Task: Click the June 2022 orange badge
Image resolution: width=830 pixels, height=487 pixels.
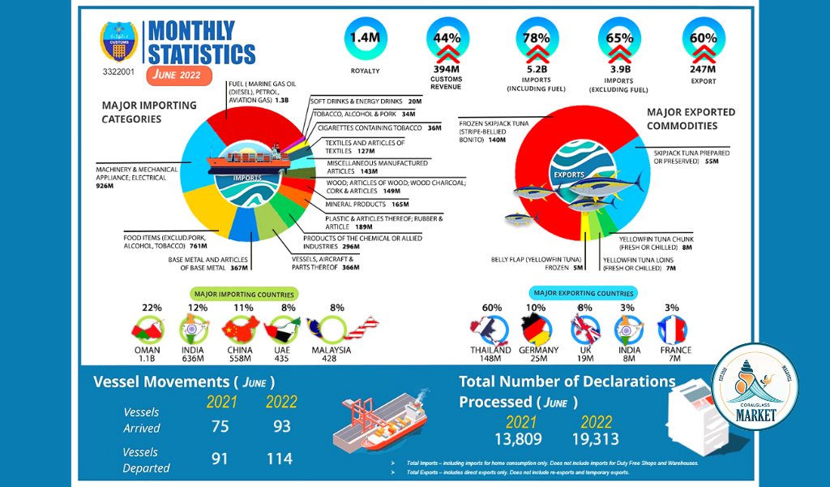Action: click(x=179, y=75)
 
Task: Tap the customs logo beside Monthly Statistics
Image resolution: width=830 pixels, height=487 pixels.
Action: click(x=118, y=42)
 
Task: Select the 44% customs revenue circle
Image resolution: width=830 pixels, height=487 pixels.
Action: click(x=447, y=38)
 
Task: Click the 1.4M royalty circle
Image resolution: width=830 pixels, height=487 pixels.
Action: click(x=365, y=38)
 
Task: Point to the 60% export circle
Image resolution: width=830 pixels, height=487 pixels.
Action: click(x=703, y=38)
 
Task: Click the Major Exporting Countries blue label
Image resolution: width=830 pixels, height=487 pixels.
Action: click(x=583, y=293)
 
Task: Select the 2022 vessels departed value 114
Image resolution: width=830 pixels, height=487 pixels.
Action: click(x=280, y=459)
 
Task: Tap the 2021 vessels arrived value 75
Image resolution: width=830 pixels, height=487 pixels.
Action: click(x=220, y=427)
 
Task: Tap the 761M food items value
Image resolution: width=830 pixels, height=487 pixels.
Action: click(x=195, y=245)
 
